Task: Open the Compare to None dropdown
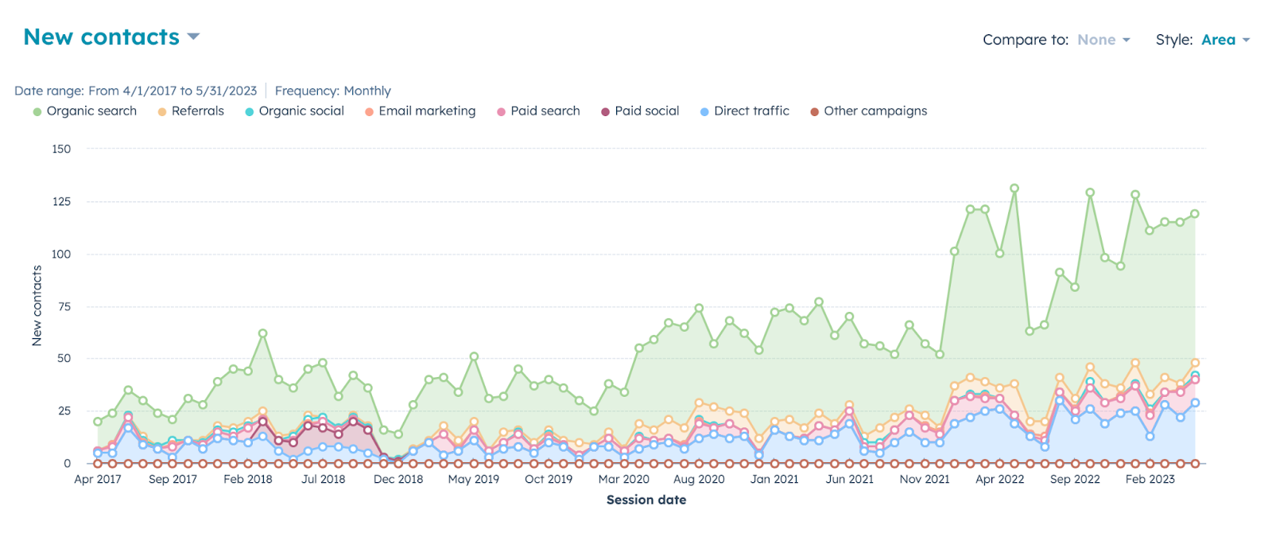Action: point(1103,40)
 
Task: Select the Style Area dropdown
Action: point(1225,40)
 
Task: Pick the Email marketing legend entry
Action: point(426,111)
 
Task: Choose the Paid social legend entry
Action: point(646,111)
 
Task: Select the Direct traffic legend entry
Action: point(750,111)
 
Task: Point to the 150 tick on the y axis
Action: point(61,149)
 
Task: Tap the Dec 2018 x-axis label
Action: point(398,480)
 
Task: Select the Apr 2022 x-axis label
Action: point(999,480)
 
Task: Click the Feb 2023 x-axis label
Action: point(1150,480)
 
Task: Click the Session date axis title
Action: point(646,500)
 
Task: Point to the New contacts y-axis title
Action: point(37,306)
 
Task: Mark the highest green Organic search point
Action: point(1014,189)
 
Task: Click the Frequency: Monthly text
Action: point(332,91)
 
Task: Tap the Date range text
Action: point(135,91)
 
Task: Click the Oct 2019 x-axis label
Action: point(549,480)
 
